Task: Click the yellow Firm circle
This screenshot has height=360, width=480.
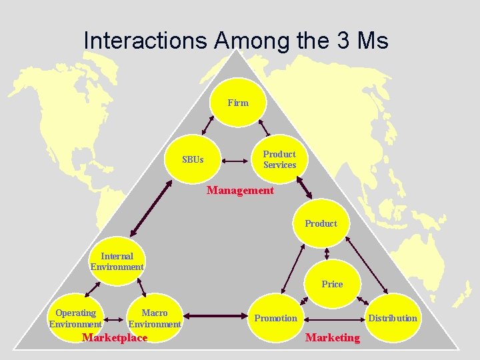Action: click(239, 103)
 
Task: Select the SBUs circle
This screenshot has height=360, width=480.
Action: click(193, 160)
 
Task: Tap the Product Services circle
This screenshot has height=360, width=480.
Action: click(279, 160)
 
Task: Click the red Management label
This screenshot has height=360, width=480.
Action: click(240, 191)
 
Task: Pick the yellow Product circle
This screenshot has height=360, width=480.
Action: click(321, 223)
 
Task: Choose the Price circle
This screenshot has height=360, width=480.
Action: click(332, 284)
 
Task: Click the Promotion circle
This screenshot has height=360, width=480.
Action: click(275, 318)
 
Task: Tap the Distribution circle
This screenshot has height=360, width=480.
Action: click(393, 318)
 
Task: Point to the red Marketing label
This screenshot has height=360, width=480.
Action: click(332, 337)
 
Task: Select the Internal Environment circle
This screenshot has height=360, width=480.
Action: click(117, 261)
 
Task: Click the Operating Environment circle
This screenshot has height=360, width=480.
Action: click(75, 318)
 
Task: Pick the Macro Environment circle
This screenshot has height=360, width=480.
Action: click(155, 318)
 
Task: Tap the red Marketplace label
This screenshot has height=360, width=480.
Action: click(114, 337)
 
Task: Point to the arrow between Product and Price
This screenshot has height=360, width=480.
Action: click(327, 254)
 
